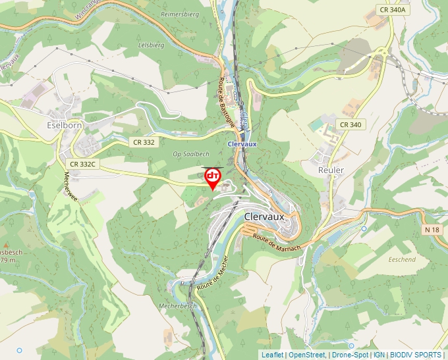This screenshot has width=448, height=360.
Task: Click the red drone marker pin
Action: coord(213,178)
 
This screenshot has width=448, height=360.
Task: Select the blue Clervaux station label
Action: coord(240,143)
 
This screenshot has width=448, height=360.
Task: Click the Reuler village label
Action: coord(331,170)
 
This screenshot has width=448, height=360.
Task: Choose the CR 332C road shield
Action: coord(82,164)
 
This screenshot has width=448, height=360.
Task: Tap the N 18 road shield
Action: coord(432,230)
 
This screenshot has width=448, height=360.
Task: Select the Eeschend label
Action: coord(402,259)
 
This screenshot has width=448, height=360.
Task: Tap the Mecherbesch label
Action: coord(178,306)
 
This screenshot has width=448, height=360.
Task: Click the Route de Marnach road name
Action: coord(277,242)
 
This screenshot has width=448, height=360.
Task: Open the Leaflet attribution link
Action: coord(272,355)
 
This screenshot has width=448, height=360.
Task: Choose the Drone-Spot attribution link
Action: coord(350,355)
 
